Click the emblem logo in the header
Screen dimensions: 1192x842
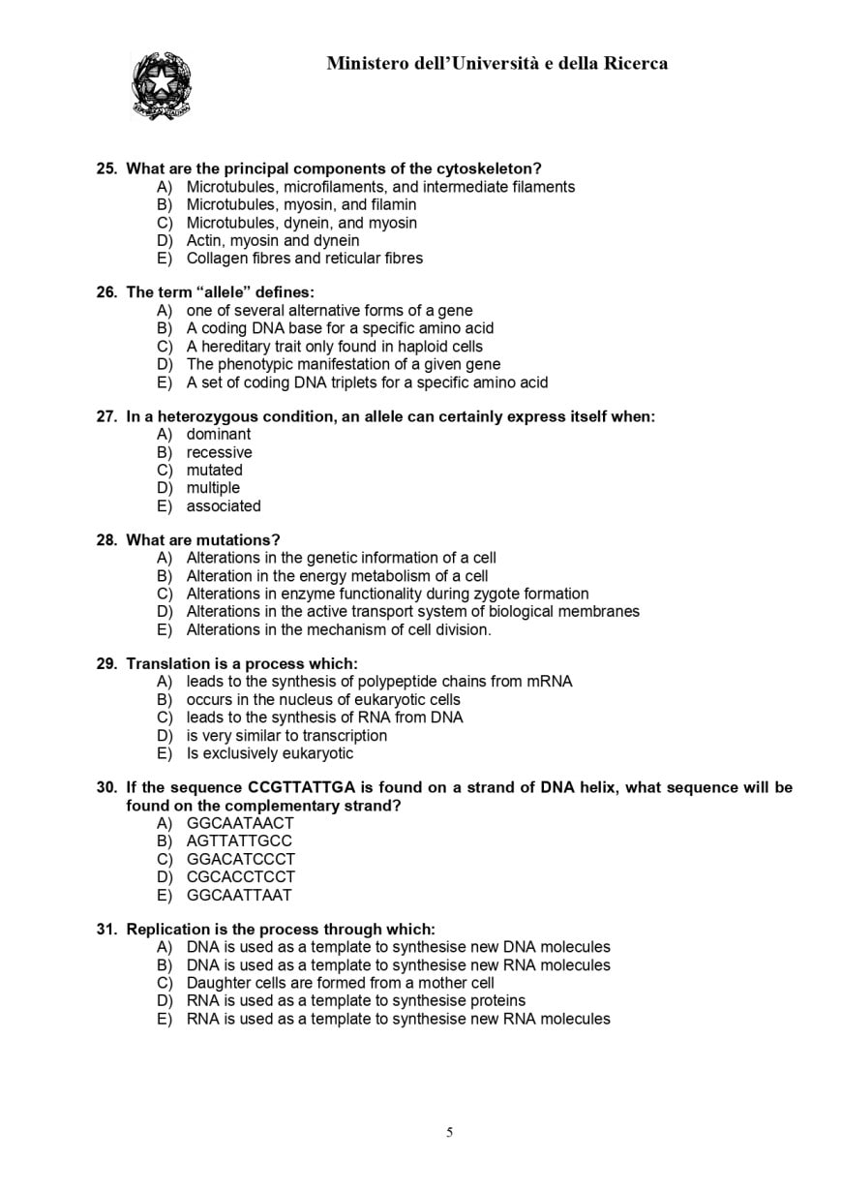coord(161,85)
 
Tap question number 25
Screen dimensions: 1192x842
coord(106,168)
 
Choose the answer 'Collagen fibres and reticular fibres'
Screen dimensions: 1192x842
coord(304,259)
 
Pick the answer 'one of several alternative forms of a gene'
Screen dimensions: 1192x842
coord(329,311)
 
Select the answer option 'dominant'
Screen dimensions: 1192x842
coord(218,435)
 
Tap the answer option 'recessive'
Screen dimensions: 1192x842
coord(219,452)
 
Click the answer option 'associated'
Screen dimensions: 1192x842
coord(223,506)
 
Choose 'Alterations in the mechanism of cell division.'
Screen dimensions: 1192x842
coord(339,630)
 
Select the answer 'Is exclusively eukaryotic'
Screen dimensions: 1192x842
coord(270,753)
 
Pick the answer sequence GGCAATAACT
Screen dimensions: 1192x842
coord(240,824)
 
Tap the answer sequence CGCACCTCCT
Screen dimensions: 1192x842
coord(240,877)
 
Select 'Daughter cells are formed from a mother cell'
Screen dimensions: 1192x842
coord(340,983)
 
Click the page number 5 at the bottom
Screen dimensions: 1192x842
coord(449,1133)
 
